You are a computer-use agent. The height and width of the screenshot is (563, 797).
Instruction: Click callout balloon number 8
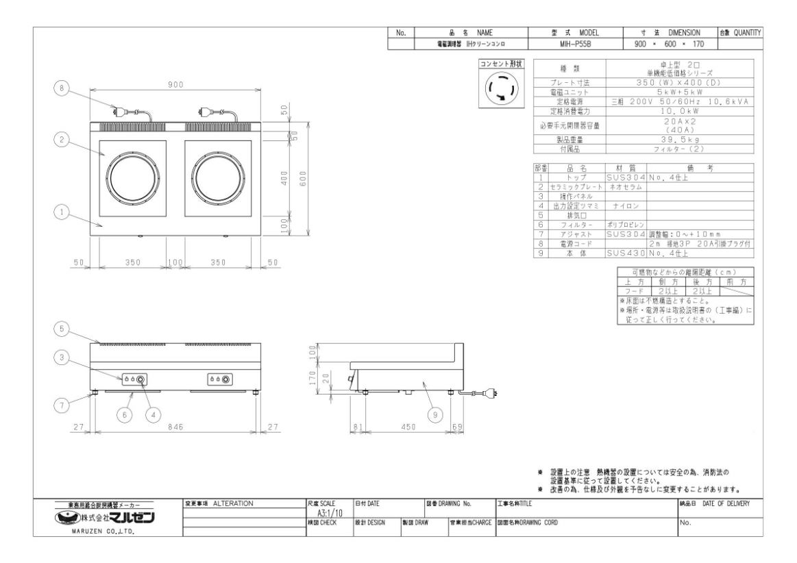click(62, 88)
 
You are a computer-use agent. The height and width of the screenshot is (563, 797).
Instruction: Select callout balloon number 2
click(62, 140)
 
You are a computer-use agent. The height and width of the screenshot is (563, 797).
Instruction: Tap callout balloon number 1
click(62, 213)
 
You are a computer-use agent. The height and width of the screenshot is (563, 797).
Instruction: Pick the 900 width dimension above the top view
click(175, 84)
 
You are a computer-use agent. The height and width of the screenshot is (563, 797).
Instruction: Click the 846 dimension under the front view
click(175, 427)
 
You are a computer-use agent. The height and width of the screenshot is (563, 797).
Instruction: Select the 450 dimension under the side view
click(408, 427)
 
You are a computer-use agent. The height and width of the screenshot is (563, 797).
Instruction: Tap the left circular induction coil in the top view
click(134, 177)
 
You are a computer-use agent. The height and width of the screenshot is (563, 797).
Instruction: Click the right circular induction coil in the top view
click(217, 177)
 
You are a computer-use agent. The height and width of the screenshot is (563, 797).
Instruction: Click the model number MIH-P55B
click(575, 44)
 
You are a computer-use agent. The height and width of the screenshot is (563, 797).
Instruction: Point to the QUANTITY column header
click(740, 32)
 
